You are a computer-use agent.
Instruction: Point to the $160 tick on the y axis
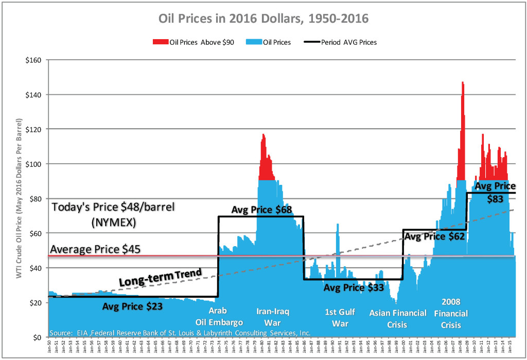pyautogui.click(x=34, y=60)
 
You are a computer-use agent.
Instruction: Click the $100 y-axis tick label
pyautogui.click(x=34, y=164)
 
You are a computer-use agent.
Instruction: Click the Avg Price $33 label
pyautogui.click(x=353, y=287)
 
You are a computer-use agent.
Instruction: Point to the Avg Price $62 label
pyautogui.click(x=434, y=237)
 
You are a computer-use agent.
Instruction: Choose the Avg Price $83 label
pyautogui.click(x=495, y=192)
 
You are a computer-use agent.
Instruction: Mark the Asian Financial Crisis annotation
pyautogui.click(x=398, y=318)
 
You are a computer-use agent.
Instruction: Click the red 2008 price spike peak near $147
pyautogui.click(x=463, y=83)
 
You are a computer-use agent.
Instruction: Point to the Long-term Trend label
pyautogui.click(x=160, y=278)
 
